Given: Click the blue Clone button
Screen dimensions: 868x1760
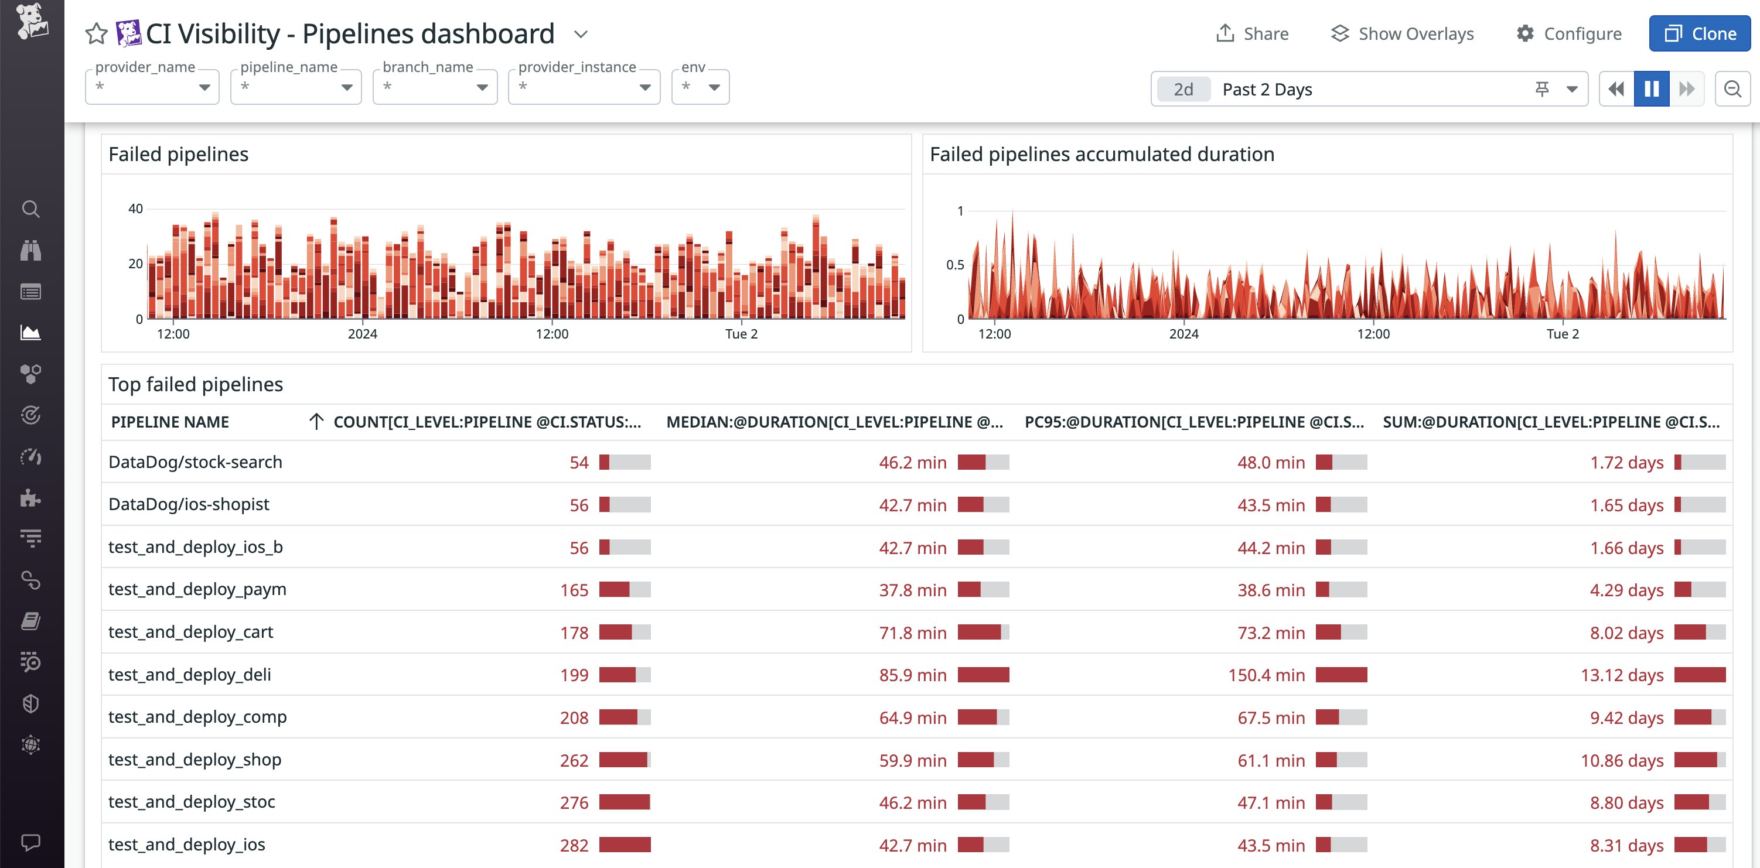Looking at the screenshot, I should coord(1699,33).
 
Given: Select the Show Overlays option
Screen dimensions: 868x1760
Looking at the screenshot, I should coord(1402,33).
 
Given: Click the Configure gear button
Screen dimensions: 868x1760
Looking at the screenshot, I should coord(1568,33).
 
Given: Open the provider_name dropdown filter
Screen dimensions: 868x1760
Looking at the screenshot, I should coord(152,87).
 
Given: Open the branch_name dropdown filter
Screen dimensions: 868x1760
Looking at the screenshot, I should coord(435,87).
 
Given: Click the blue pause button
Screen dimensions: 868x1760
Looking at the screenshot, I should coord(1652,89).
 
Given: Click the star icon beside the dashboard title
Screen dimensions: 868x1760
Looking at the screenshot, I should coord(96,33).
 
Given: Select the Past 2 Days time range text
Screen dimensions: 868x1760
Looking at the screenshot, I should coord(1267,90).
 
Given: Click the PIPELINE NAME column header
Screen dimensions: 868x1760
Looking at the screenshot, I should coord(170,422).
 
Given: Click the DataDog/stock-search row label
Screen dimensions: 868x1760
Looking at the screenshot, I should coord(196,462).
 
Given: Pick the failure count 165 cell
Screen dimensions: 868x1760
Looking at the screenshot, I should coord(574,590).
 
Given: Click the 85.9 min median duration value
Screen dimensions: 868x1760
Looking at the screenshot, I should coord(912,675).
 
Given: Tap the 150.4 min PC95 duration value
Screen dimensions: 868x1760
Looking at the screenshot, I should coord(1266,675).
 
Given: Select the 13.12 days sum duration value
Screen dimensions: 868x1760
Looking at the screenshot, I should coord(1621,675).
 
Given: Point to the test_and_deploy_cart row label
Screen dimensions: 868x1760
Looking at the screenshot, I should coord(190,633).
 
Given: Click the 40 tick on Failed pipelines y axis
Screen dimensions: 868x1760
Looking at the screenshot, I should coord(135,209).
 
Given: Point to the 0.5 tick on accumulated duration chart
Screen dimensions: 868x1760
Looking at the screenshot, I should coord(954,265).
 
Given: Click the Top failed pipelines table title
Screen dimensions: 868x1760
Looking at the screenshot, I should coord(196,384).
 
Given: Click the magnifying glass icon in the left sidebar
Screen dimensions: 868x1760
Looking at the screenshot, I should coord(30,209).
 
